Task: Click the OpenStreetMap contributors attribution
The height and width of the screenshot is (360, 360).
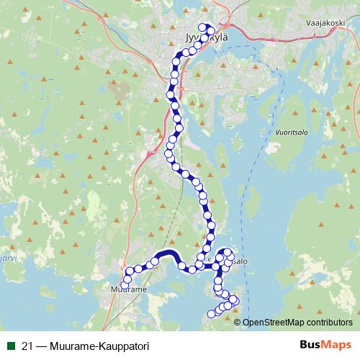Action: (297, 322)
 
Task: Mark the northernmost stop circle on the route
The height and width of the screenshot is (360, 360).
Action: (202, 28)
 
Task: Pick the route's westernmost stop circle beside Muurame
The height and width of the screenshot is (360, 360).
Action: (125, 285)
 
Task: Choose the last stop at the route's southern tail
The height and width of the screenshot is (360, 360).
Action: (211, 313)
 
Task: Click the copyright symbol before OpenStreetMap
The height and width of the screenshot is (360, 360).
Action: (238, 322)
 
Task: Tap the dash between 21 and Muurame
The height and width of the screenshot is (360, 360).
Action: (42, 346)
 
